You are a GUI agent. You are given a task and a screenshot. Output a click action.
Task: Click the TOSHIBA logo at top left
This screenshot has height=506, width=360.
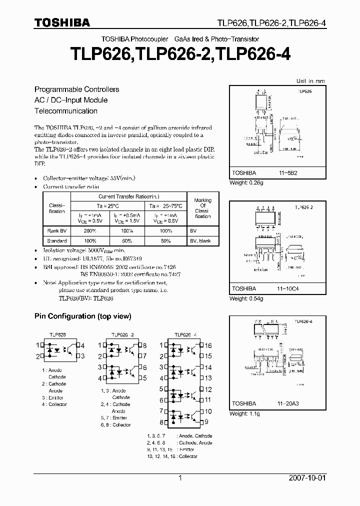click(x=61, y=22)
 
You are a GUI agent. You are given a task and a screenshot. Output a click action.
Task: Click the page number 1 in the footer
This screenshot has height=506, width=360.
click(x=179, y=478)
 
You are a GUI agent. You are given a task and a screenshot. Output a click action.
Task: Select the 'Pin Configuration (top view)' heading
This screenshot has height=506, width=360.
click(x=82, y=316)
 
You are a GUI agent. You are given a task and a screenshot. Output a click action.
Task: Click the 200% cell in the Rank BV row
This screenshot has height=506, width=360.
click(x=90, y=231)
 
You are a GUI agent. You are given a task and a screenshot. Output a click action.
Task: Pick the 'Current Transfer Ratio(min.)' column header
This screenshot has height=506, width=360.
click(x=128, y=196)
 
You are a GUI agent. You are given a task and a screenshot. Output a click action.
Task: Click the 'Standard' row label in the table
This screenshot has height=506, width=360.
click(x=57, y=240)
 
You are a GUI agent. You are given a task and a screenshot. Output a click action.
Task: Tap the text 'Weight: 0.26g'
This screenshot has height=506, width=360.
click(x=246, y=182)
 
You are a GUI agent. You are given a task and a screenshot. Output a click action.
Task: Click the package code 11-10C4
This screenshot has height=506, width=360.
click(x=289, y=288)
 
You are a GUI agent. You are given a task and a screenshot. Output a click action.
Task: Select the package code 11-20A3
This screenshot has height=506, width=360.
click(x=289, y=403)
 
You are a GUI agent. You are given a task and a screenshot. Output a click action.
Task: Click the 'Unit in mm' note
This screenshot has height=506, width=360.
click(x=310, y=80)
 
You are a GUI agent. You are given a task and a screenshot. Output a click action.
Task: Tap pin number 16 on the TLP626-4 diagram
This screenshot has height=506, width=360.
click(x=208, y=345)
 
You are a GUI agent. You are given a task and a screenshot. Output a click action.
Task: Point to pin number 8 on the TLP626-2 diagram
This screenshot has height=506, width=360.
click(x=145, y=345)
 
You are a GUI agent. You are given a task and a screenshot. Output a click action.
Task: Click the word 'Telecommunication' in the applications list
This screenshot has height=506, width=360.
click(x=65, y=111)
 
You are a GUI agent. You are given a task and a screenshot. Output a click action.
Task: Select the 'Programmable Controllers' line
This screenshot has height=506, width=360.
click(x=76, y=89)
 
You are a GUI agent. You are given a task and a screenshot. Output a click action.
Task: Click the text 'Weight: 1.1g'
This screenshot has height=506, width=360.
click(x=244, y=414)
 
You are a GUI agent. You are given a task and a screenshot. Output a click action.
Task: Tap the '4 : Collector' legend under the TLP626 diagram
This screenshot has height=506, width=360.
click(x=54, y=404)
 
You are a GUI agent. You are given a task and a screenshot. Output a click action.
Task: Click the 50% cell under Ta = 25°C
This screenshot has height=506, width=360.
click(x=127, y=240)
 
